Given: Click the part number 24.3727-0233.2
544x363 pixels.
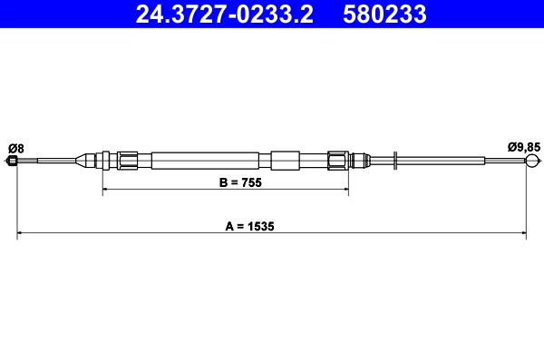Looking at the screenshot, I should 224,15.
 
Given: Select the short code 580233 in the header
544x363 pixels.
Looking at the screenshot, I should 384,15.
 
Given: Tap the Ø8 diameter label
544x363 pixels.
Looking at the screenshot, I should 15,147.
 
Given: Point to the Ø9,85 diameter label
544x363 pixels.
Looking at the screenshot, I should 524,147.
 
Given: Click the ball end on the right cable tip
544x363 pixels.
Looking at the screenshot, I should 533,162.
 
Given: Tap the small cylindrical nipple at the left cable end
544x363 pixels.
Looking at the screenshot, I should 12,162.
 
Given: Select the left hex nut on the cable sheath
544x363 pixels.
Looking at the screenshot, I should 128,161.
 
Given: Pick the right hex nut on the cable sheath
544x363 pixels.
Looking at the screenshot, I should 338,161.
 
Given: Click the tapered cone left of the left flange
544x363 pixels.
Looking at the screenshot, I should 88,161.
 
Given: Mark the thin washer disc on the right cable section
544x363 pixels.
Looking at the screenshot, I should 396,161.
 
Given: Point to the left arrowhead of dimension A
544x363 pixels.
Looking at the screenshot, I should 21,234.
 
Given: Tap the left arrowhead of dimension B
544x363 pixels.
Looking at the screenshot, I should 106,190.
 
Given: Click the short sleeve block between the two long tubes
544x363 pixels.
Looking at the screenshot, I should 284,161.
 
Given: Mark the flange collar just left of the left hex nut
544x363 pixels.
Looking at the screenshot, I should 107,161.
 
